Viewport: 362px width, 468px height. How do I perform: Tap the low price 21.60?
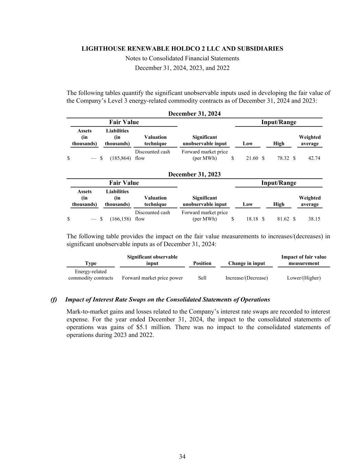252,158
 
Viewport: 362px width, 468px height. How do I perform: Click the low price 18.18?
252,219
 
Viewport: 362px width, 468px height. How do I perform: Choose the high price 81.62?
283,219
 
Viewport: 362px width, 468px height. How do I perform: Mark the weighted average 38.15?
314,219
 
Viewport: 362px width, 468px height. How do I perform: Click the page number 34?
182,456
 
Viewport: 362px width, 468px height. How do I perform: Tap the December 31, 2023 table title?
194,174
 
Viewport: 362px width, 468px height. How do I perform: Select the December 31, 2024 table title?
194,113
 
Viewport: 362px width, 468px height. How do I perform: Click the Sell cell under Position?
202,278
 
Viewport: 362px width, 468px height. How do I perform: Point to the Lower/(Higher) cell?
304,278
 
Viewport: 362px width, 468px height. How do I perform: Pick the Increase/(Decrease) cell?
246,278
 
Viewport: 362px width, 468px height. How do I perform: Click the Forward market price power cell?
152,278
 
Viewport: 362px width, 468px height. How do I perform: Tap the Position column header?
202,263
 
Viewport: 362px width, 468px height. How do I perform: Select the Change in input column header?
246,263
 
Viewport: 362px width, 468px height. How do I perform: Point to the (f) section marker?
54,300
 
